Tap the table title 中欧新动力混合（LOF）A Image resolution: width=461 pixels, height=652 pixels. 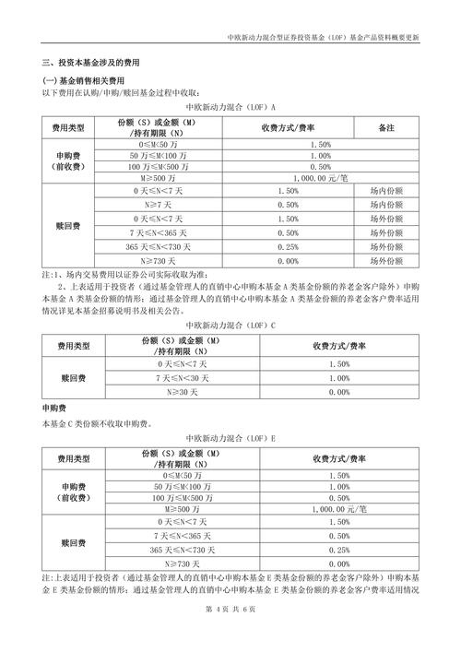[x=230, y=107]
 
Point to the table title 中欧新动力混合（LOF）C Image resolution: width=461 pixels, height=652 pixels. [x=230, y=326]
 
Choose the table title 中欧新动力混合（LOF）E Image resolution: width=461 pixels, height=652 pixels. [x=230, y=438]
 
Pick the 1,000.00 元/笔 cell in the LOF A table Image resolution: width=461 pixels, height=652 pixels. [x=320, y=178]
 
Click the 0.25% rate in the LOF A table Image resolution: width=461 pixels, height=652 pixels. [x=288, y=247]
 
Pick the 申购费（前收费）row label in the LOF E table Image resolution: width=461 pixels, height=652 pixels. [x=71, y=490]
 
